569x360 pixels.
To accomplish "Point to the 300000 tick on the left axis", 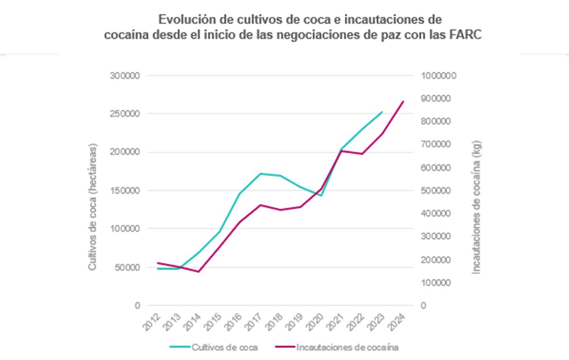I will (125, 76).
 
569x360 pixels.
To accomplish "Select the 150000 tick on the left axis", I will (125, 191).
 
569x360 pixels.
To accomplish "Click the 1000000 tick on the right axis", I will (439, 76).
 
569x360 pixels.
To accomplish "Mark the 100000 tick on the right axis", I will (437, 283).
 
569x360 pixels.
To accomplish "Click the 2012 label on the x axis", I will (151, 321).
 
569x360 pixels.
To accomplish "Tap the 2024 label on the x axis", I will (397, 321).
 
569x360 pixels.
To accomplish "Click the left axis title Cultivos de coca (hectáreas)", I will (93, 207).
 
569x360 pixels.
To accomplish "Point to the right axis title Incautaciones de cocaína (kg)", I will (477, 207).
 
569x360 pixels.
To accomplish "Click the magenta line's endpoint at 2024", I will (403, 101).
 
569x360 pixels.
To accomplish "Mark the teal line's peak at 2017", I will (261, 174).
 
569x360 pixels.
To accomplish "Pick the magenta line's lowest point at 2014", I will (199, 271).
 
